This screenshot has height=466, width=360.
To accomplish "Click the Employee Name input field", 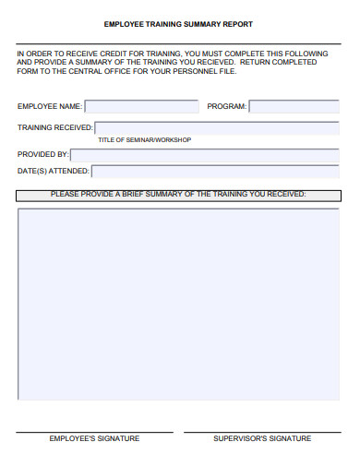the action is (x=141, y=107).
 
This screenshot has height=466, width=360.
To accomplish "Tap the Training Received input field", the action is (x=216, y=128).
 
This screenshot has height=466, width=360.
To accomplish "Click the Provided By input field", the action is (x=204, y=155).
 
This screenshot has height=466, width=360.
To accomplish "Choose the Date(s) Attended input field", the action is (x=215, y=171).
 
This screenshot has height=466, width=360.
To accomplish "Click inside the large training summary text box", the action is (x=178, y=303).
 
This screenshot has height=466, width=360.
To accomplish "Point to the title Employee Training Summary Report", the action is (x=178, y=24).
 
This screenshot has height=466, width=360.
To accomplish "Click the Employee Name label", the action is (x=49, y=107).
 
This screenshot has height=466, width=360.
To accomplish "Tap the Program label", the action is (x=226, y=107).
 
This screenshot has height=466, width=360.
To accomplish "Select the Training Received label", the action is (x=54, y=128).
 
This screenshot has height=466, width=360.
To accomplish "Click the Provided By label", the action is (x=43, y=155).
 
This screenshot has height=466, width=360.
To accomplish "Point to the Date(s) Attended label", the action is (x=54, y=171).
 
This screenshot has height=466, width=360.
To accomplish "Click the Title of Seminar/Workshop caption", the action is (x=144, y=139).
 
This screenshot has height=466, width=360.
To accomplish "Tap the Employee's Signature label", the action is (x=94, y=438).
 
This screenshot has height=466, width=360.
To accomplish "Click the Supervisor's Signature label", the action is (x=261, y=438).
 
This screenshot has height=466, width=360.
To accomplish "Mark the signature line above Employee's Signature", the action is (x=94, y=431).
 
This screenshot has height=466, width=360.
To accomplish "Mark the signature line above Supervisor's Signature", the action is (x=261, y=431).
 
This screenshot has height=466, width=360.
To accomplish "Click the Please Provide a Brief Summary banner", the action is (x=178, y=195).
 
